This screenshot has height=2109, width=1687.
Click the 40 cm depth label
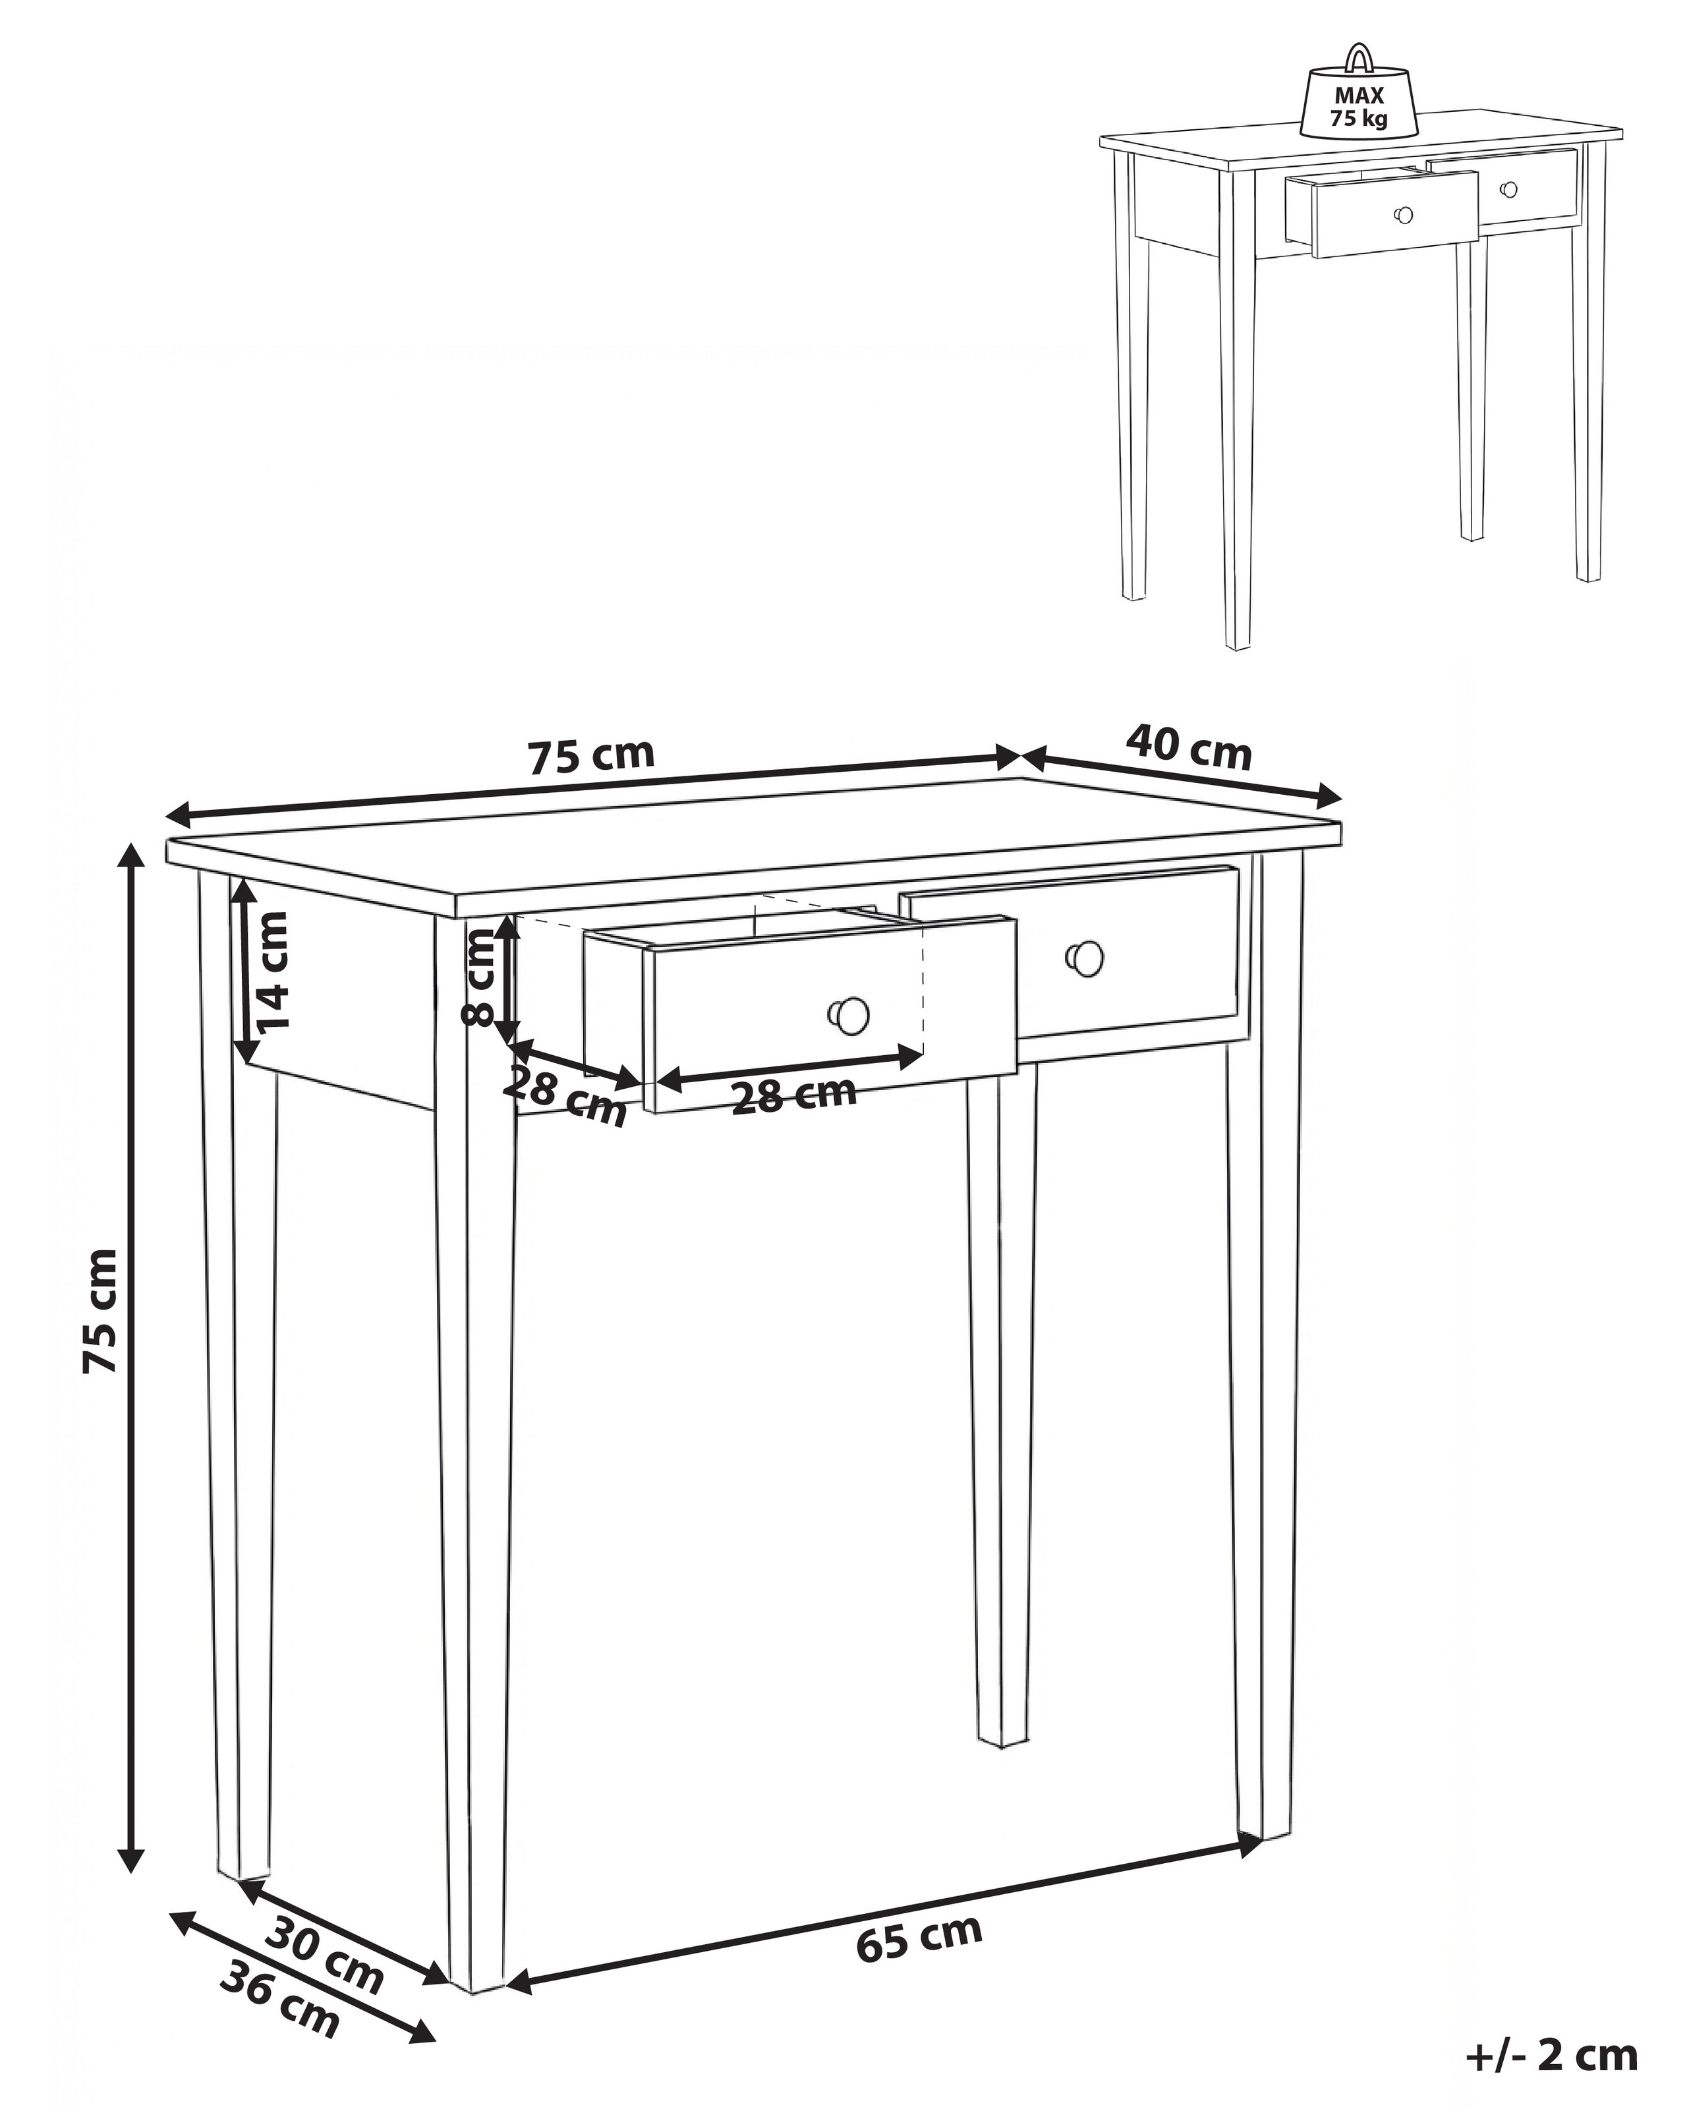pyautogui.click(x=1187, y=748)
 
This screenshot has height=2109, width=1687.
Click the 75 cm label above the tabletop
pyautogui.click(x=590, y=756)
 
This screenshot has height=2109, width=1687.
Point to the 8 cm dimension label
pyautogui.click(x=479, y=976)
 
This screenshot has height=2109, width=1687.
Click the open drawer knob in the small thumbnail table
pyautogui.click(x=1404, y=214)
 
